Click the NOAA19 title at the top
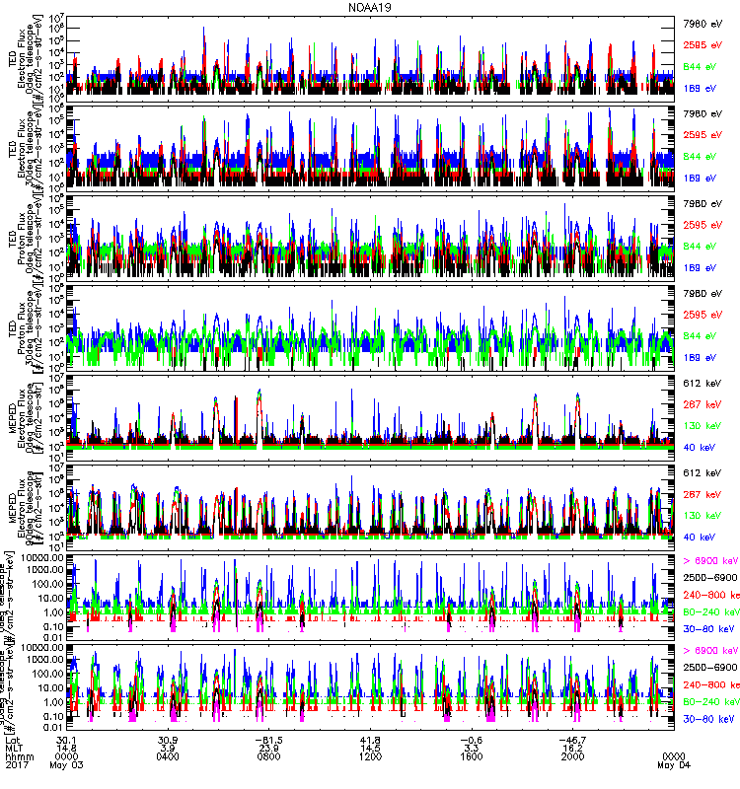369,7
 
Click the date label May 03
67,766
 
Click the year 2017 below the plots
17,766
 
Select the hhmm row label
19,757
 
